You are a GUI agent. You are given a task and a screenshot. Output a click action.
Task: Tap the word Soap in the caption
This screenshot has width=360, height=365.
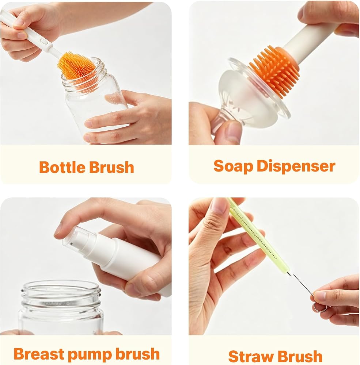[x=234, y=166]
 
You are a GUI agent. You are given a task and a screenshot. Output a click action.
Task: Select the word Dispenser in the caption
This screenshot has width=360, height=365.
[x=296, y=166]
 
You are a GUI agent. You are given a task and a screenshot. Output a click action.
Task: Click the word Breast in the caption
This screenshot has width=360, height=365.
[x=38, y=354]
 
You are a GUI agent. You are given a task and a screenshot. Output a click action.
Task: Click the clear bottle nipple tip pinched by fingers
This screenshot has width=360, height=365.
[x=219, y=123]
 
